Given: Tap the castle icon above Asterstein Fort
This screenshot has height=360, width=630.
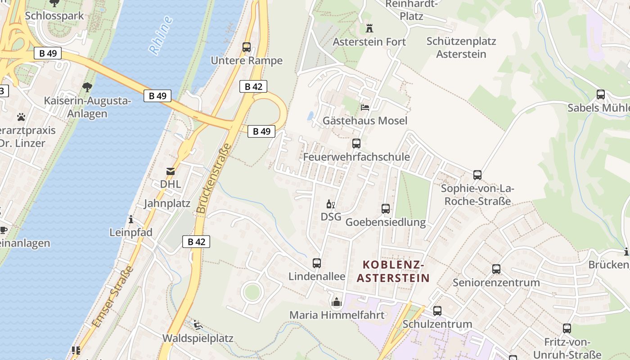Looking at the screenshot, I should [x=369, y=28].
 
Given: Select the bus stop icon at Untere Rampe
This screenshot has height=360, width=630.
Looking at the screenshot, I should [x=246, y=47].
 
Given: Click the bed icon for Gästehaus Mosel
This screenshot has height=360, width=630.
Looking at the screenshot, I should [x=365, y=108].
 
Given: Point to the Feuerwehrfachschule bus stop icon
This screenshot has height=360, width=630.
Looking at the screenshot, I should [x=356, y=144].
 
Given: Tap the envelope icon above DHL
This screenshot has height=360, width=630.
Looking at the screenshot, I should [x=171, y=171].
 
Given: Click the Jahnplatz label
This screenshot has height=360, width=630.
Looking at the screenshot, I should [x=167, y=203].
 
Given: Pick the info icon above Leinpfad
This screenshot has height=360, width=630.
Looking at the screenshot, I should [x=131, y=219].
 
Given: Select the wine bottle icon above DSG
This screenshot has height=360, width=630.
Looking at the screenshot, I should [x=331, y=204].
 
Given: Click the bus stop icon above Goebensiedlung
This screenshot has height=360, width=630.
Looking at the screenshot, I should [x=386, y=209].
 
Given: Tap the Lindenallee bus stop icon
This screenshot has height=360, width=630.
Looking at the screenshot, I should [x=317, y=263].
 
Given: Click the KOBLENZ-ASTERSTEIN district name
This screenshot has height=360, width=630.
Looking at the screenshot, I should [x=393, y=271].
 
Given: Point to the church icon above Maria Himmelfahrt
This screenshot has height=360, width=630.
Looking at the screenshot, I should [x=337, y=302].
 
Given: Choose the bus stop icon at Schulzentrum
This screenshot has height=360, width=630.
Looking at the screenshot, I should [x=437, y=311].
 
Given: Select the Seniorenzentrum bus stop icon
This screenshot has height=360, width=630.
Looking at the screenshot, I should [x=496, y=269].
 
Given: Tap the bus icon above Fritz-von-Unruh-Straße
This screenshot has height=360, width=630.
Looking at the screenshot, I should [x=567, y=328].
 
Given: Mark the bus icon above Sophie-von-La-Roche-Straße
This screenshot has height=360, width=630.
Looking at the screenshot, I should [x=477, y=175].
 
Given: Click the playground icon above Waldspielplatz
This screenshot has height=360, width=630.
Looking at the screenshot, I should [x=197, y=324].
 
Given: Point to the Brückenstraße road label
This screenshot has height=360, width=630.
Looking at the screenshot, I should [x=214, y=178].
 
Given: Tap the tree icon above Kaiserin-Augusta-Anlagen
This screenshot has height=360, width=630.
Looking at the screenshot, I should [x=87, y=87].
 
